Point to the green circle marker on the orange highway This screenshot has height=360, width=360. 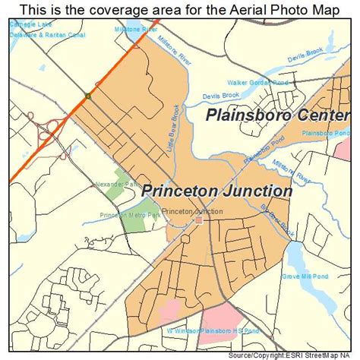click(x=89, y=96)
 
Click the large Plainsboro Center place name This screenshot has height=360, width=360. click(x=277, y=116)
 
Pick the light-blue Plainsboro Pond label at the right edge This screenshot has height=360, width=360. click(x=327, y=133)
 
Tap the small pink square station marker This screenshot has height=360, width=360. click(x=198, y=220)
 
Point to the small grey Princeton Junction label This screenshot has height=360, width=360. click(x=192, y=211)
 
